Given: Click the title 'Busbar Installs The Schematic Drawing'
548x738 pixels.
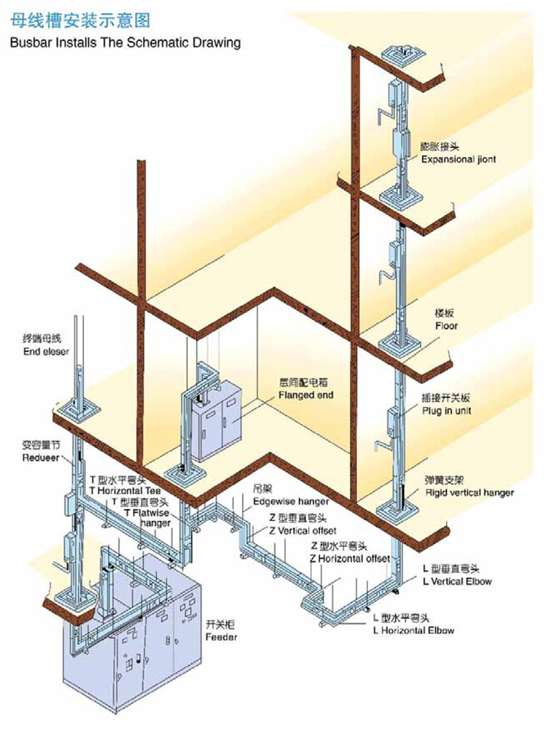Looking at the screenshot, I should [125, 42].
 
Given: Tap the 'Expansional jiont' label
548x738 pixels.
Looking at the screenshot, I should [458, 159].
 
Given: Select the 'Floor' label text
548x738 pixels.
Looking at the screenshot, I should [446, 326].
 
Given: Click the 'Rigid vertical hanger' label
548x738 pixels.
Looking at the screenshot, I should [469, 493].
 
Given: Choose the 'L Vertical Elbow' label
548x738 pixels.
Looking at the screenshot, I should [457, 581].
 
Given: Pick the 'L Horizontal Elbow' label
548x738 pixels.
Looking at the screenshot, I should [414, 630].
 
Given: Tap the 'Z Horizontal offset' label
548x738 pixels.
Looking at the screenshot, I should [350, 558].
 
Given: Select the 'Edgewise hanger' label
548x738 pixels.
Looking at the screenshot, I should [291, 501].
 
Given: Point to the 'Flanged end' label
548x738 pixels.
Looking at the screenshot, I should [306, 396].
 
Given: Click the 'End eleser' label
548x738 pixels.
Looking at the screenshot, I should [46, 352].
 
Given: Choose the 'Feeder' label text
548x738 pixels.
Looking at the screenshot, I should [221, 637].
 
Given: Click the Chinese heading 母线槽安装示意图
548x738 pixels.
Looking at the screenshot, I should [80, 21].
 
